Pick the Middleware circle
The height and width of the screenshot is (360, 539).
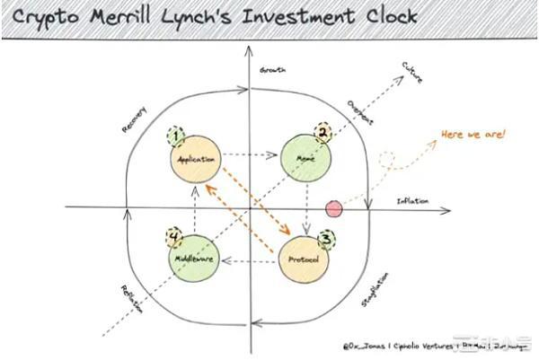pyautogui.click(x=195, y=260)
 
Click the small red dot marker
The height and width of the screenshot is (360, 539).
pyautogui.click(x=334, y=209)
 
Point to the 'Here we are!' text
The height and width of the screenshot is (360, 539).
pyautogui.click(x=473, y=135)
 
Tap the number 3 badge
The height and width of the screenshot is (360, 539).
pyautogui.click(x=327, y=238)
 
